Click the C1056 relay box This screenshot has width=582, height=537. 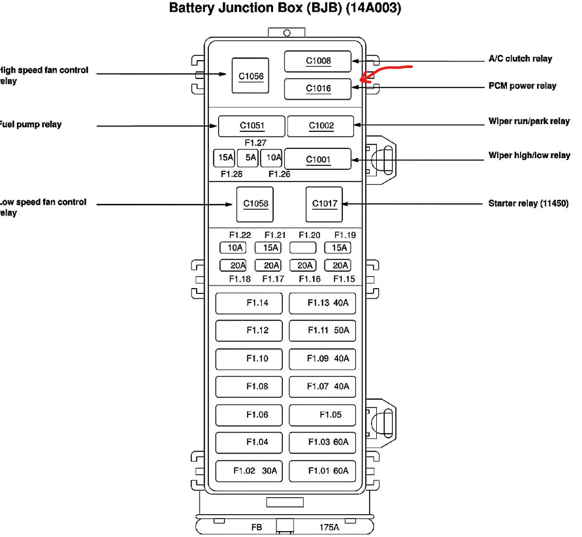(250, 76)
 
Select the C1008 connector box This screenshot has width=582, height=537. (318, 61)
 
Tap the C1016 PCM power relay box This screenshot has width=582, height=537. (318, 88)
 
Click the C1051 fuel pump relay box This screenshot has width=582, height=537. (251, 125)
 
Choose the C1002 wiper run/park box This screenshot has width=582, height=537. (321, 125)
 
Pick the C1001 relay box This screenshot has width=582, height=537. (318, 159)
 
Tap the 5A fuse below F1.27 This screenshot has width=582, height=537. (248, 157)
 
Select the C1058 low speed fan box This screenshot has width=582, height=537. (255, 203)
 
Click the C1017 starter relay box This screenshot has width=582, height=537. (324, 203)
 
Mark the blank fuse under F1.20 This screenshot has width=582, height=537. (302, 248)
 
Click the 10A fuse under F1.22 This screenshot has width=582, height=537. (233, 248)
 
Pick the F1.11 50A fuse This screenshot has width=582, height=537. (323, 331)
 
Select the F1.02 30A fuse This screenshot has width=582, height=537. (250, 470)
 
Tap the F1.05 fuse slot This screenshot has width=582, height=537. (323, 414)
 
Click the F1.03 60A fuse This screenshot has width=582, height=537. (323, 442)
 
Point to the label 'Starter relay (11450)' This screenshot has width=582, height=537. (528, 204)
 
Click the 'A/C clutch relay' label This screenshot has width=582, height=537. (520, 59)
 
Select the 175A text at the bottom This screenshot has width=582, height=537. (329, 527)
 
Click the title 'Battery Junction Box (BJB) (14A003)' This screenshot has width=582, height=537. (285, 8)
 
